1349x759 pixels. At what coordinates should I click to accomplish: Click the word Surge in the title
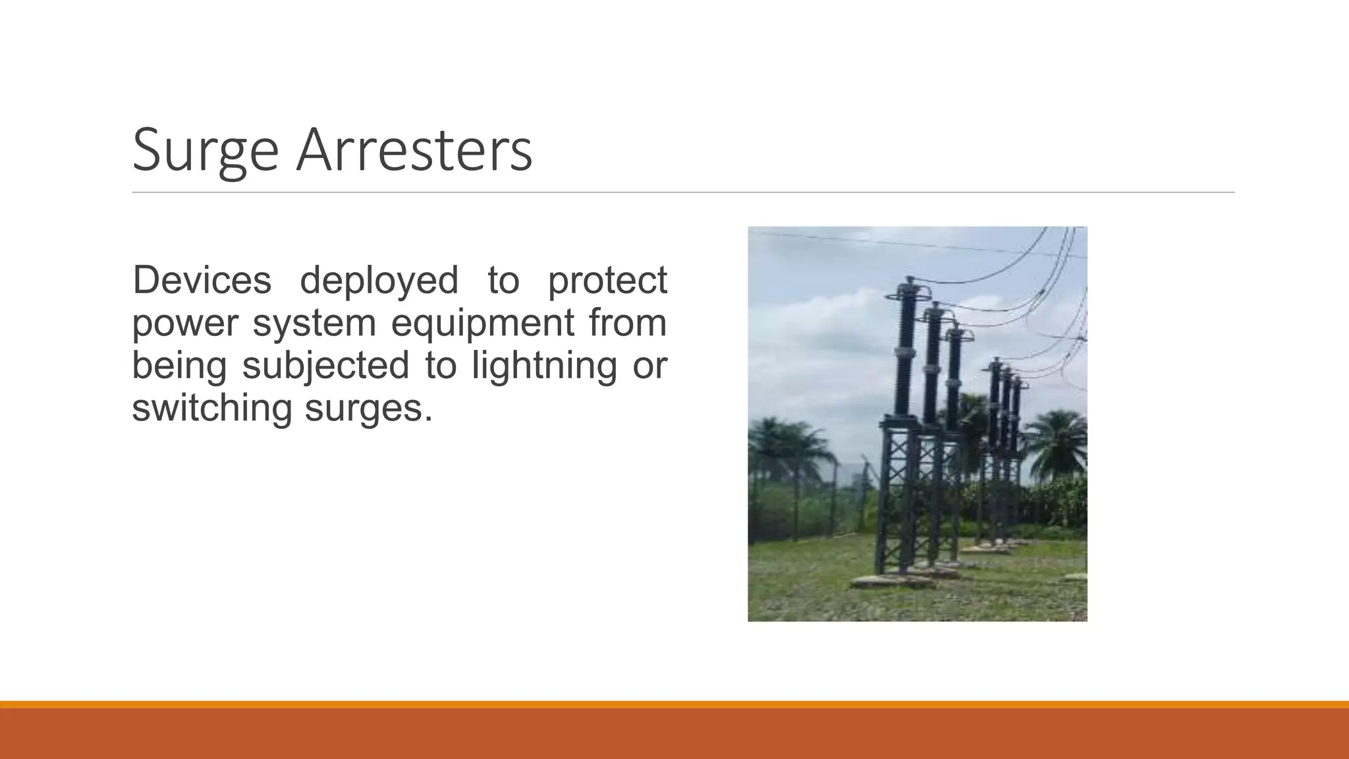(205, 152)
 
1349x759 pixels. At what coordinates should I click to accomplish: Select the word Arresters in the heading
(414, 152)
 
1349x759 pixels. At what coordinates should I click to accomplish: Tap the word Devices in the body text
(202, 279)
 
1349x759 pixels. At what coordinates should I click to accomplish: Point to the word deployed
(379, 279)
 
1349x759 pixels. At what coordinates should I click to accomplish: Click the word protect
(607, 279)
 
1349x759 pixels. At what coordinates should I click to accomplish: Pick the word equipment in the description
(483, 322)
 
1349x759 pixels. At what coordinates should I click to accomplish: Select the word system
(314, 322)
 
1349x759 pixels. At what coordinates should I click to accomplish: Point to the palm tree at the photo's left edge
(781, 448)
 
